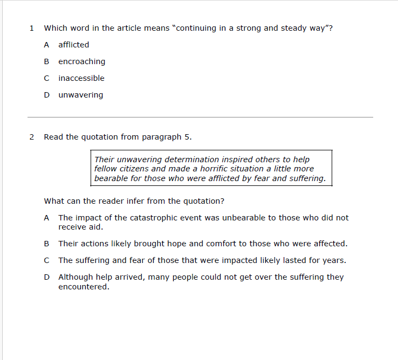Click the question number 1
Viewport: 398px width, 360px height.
click(x=32, y=28)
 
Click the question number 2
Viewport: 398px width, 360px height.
click(x=32, y=137)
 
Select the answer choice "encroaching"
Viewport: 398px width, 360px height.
click(x=81, y=61)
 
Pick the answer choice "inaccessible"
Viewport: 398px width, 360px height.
click(x=81, y=78)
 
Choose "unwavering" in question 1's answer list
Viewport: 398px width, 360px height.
click(x=80, y=95)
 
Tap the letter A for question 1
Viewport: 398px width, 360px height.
click(x=47, y=45)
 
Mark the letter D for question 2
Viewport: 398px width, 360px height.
click(x=47, y=277)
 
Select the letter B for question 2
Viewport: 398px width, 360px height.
click(x=47, y=244)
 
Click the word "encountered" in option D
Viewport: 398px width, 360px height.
click(x=84, y=287)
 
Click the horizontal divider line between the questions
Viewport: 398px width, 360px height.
click(x=200, y=117)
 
